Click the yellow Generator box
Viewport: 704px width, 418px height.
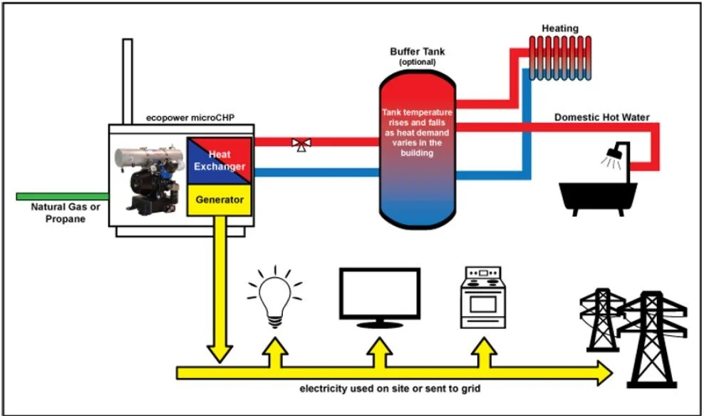(220, 200)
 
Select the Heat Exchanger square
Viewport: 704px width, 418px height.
(219, 160)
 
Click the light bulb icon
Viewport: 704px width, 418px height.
(274, 298)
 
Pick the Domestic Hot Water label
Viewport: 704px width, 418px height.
(602, 117)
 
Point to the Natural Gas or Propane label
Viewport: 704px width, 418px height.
(58, 213)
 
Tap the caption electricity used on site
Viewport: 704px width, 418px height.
(394, 389)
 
